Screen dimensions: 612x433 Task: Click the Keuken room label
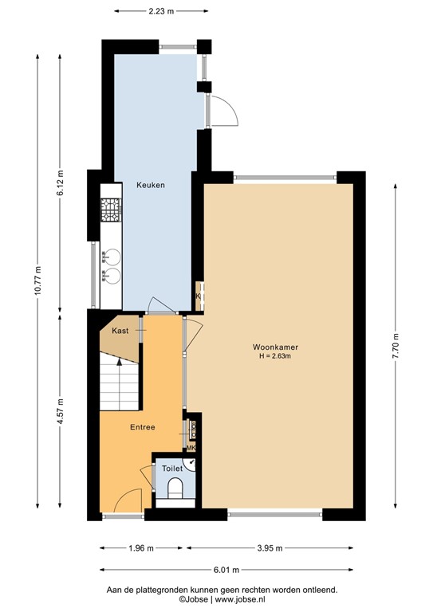(x=150, y=185)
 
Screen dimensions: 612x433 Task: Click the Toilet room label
(x=172, y=469)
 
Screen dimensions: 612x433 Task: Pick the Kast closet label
(x=120, y=330)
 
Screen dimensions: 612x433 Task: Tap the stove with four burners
(x=109, y=210)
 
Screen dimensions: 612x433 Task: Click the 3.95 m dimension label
(x=272, y=549)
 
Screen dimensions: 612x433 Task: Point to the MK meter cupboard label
(x=191, y=447)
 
